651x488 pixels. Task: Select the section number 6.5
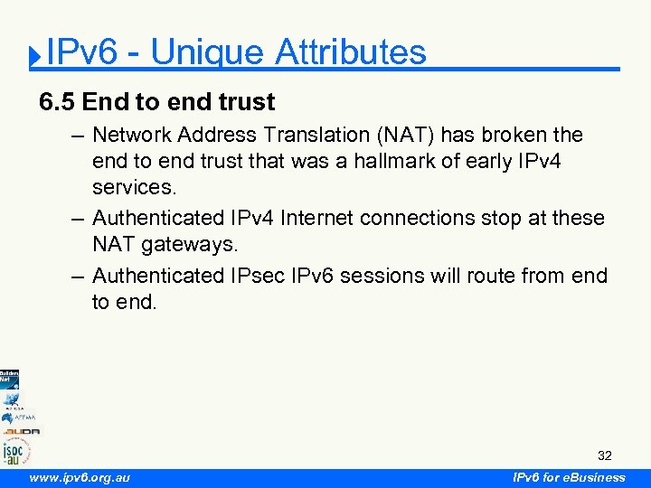click(x=60, y=102)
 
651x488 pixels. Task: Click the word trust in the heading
click(x=246, y=102)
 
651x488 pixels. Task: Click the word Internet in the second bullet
click(x=319, y=218)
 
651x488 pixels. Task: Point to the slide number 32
click(x=604, y=456)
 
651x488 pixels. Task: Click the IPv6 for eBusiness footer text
click(x=568, y=477)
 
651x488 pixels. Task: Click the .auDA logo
click(x=18, y=432)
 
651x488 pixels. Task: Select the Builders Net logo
click(x=9, y=379)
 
